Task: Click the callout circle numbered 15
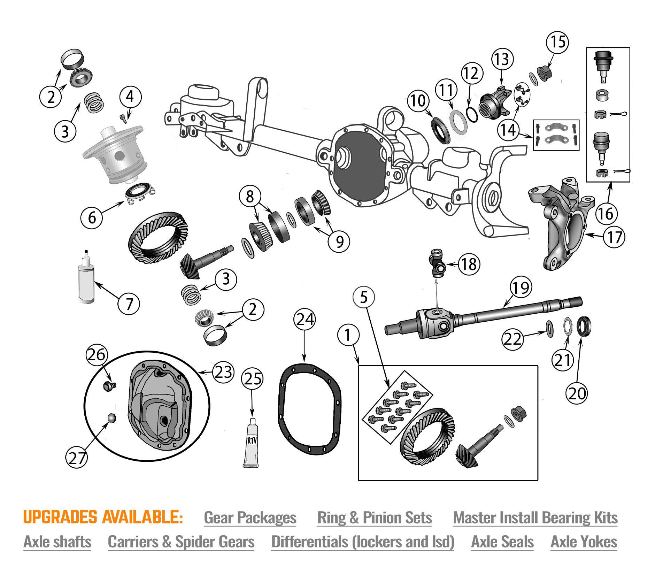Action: pyautogui.click(x=557, y=43)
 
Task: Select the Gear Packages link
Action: pyautogui.click(x=250, y=517)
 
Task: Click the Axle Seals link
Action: pyautogui.click(x=502, y=542)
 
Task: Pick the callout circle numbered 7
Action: pyautogui.click(x=129, y=304)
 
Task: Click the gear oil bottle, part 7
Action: pyautogui.click(x=86, y=279)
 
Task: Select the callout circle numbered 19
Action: pyautogui.click(x=521, y=288)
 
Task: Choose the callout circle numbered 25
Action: pyautogui.click(x=253, y=378)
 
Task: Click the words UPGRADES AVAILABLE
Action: pyautogui.click(x=103, y=517)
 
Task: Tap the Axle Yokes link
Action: pyautogui.click(x=584, y=542)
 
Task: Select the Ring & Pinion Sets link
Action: pyautogui.click(x=375, y=517)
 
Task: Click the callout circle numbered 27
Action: pyautogui.click(x=77, y=457)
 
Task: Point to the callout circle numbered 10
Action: pyautogui.click(x=418, y=101)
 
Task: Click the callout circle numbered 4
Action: pyautogui.click(x=130, y=97)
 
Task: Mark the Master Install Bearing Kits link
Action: pyautogui.click(x=535, y=517)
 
